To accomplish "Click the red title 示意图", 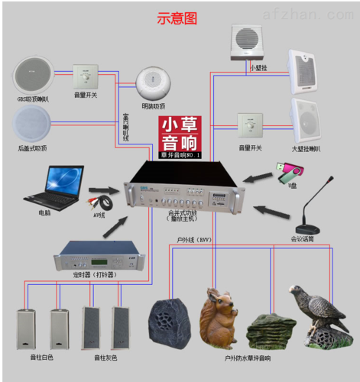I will pos(177,17).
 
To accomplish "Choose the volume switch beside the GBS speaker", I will pos(86,76).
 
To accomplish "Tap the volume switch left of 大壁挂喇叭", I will pos(250,126).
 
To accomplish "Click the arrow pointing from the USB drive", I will pos(258,177).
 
